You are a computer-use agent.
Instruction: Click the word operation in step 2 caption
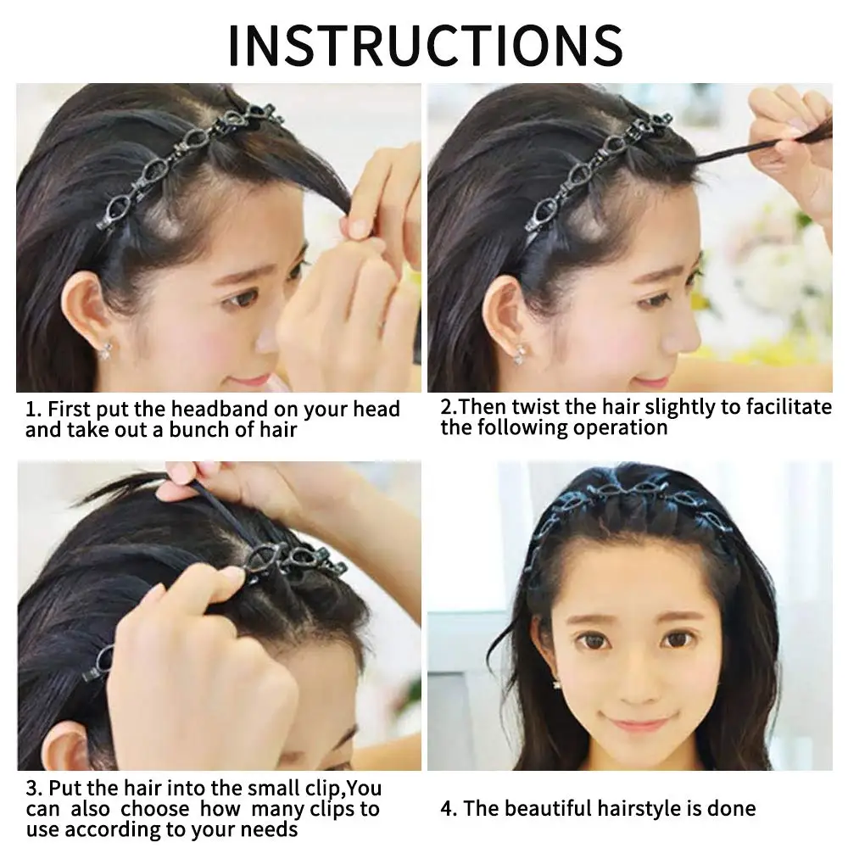coord(620,428)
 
